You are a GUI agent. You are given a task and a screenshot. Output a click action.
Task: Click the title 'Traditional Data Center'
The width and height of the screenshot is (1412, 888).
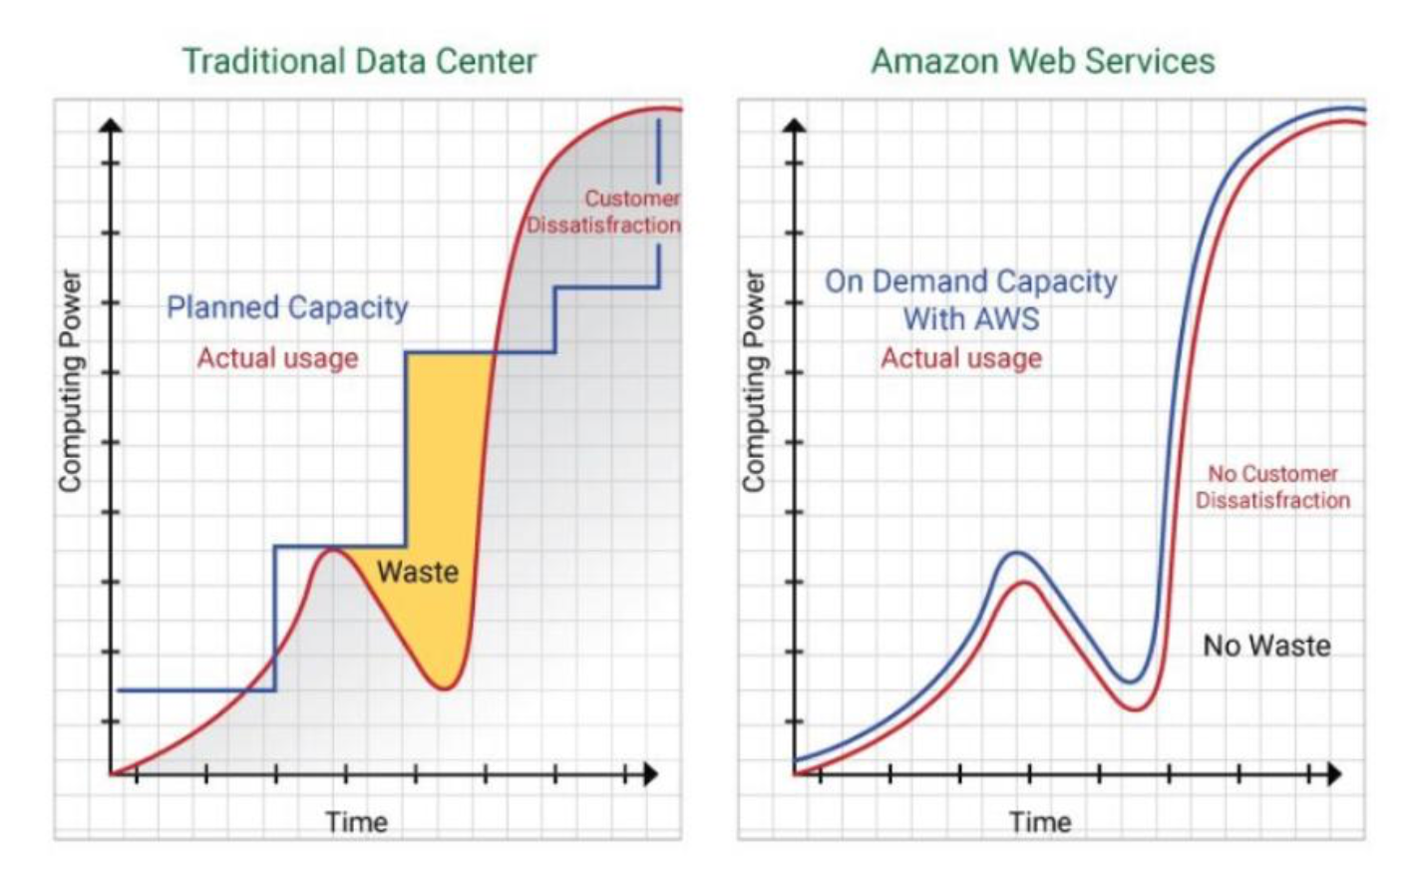pyautogui.click(x=359, y=61)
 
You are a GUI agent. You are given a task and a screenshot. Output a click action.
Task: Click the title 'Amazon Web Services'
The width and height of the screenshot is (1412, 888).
pyautogui.click(x=1043, y=61)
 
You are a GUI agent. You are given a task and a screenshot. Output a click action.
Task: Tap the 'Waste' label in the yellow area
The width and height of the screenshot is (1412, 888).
pyautogui.click(x=418, y=572)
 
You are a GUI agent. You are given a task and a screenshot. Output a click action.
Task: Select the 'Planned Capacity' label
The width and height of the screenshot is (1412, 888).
pyautogui.click(x=287, y=307)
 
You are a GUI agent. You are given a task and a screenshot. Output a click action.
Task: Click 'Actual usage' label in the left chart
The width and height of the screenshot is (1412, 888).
pyautogui.click(x=277, y=358)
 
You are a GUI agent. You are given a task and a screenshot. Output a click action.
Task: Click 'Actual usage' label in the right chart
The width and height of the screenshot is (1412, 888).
pyautogui.click(x=961, y=358)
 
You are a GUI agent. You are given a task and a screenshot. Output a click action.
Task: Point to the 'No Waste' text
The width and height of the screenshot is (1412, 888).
pyautogui.click(x=1266, y=646)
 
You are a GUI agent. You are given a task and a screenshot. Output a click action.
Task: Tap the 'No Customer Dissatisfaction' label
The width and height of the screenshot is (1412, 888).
pyautogui.click(x=1273, y=487)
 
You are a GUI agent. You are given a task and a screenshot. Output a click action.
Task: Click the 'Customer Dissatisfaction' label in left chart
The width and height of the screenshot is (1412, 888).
pyautogui.click(x=604, y=212)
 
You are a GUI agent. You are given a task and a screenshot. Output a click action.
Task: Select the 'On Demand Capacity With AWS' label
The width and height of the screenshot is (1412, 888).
pyautogui.click(x=970, y=299)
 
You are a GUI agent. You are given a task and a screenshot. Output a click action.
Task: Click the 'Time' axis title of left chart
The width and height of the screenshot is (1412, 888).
pyautogui.click(x=356, y=822)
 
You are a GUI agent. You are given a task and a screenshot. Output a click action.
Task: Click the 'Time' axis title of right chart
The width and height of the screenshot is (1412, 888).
pyautogui.click(x=1040, y=822)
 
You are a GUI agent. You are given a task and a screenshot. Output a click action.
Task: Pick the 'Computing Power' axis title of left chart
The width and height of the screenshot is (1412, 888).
pyautogui.click(x=70, y=381)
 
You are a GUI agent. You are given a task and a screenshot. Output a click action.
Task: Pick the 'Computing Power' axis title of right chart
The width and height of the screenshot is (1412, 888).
pyautogui.click(x=754, y=381)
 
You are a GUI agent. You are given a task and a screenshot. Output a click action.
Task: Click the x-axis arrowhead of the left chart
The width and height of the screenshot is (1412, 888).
pyautogui.click(x=650, y=773)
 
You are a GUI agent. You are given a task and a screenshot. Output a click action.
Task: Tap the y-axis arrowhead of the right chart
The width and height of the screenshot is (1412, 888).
pyautogui.click(x=795, y=126)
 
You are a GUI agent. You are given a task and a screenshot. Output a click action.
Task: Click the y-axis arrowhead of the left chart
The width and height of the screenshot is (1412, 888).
pyautogui.click(x=112, y=126)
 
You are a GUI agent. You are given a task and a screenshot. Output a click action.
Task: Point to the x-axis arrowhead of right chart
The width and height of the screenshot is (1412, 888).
pyautogui.click(x=1334, y=773)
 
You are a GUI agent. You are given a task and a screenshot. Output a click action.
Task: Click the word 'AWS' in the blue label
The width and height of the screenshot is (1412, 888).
pyautogui.click(x=1010, y=319)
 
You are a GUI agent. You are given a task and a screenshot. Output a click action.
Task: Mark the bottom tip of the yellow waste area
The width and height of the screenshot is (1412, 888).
pyautogui.click(x=446, y=686)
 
